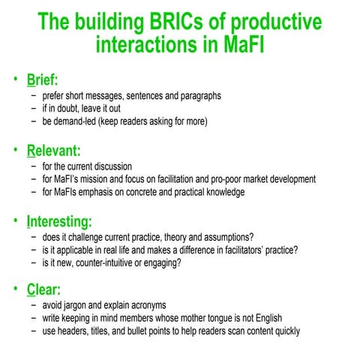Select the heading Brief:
click(43, 79)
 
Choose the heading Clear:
click(44, 289)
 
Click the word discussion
click(111, 166)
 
